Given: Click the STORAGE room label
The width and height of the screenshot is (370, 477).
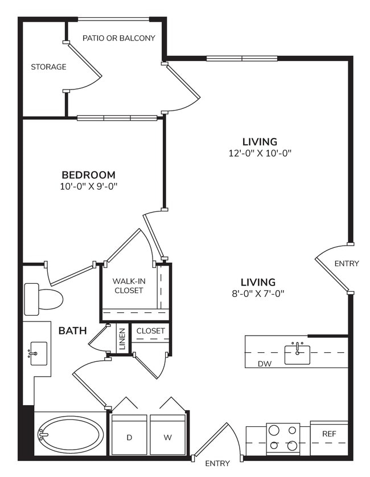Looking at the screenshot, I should click(48, 67).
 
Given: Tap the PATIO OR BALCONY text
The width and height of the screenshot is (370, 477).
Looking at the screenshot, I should click(118, 38).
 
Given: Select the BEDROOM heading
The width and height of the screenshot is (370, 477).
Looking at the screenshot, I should click(88, 175).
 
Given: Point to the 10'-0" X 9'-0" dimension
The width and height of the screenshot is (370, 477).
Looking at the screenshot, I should click(88, 186).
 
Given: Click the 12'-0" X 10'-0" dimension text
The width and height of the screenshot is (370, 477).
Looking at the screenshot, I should click(259, 153).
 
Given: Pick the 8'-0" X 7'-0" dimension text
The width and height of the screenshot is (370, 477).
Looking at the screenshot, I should click(258, 293).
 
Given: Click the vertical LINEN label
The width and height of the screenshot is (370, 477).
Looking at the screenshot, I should click(122, 339).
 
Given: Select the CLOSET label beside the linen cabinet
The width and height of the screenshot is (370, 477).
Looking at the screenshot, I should click(151, 331).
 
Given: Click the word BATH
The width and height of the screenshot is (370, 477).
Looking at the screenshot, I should click(72, 330).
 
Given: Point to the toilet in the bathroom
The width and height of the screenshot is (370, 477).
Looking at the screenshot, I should click(43, 298).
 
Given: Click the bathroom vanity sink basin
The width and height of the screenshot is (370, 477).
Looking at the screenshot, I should click(38, 353).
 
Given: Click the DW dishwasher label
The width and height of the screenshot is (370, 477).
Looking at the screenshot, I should click(264, 363).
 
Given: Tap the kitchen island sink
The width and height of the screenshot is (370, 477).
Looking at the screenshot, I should click(297, 354).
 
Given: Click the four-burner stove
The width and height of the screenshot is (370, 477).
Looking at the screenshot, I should click(283, 438).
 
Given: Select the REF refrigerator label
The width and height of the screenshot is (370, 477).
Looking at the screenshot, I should click(329, 434).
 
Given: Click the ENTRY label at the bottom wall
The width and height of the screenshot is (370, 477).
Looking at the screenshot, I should click(217, 463).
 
